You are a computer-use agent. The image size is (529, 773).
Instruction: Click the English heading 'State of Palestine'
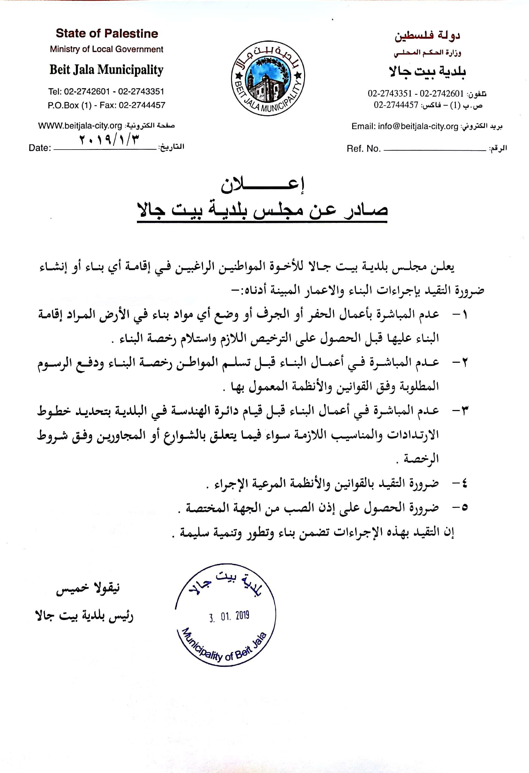(x=107, y=34)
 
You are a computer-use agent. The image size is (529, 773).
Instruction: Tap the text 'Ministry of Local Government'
(x=107, y=49)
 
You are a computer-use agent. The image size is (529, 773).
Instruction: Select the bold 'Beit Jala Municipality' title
(x=107, y=70)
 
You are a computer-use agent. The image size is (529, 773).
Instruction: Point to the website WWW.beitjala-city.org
(x=80, y=126)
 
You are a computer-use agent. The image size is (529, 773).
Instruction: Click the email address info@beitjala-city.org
(x=418, y=126)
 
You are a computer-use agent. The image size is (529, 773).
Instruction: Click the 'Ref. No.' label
(x=363, y=149)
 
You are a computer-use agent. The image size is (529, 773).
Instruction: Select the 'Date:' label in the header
(x=40, y=148)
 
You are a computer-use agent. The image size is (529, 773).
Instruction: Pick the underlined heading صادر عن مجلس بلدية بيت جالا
(x=262, y=210)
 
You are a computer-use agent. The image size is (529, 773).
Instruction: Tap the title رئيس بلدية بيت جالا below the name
(x=84, y=616)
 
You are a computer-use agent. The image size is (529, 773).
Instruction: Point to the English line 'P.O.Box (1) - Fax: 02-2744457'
(x=107, y=105)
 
